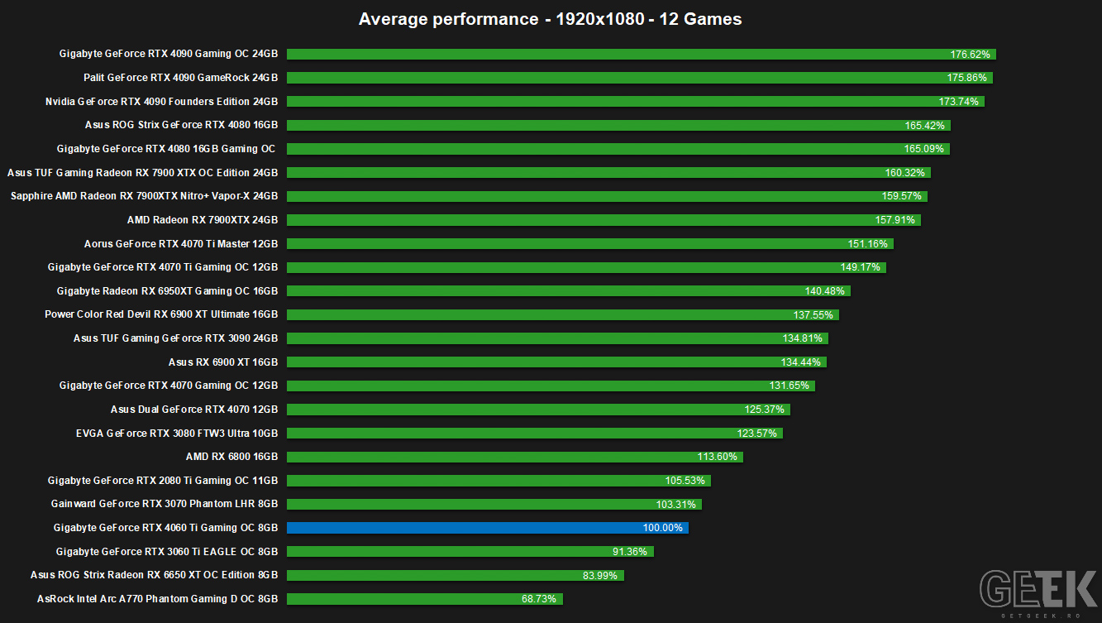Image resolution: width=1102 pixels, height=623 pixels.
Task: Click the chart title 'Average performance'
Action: pos(448,19)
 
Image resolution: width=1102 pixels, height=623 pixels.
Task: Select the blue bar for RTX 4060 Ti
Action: pos(488,528)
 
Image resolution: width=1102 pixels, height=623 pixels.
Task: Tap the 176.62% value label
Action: pos(970,54)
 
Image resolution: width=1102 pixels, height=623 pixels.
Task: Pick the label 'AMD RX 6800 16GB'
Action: pos(231,457)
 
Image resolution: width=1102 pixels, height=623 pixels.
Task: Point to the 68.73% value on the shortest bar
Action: pos(539,599)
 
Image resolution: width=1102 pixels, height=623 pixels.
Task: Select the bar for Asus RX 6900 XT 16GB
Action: pos(556,362)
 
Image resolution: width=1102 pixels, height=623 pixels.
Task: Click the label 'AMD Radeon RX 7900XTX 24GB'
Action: pos(203,219)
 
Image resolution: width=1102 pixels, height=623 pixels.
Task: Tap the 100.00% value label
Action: pos(663,528)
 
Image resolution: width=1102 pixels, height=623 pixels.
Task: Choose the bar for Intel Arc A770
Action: pos(425,599)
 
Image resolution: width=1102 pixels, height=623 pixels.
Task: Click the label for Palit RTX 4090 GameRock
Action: pos(180,78)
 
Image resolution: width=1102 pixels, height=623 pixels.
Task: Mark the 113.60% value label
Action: pos(717,457)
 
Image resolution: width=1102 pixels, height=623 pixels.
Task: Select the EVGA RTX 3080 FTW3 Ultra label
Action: pos(177,434)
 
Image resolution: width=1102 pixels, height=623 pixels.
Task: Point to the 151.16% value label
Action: pos(867,244)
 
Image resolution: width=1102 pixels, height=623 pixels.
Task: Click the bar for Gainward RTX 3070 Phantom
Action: pos(494,505)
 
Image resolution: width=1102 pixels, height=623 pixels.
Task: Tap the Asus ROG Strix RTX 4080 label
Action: pos(181,125)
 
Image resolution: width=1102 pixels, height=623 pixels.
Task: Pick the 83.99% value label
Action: pos(599,575)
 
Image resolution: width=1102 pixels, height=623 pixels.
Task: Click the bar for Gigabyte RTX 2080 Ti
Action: pos(499,481)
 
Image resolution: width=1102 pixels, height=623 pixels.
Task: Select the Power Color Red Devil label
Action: pos(161,314)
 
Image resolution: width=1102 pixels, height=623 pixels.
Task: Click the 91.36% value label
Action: pos(630,552)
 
